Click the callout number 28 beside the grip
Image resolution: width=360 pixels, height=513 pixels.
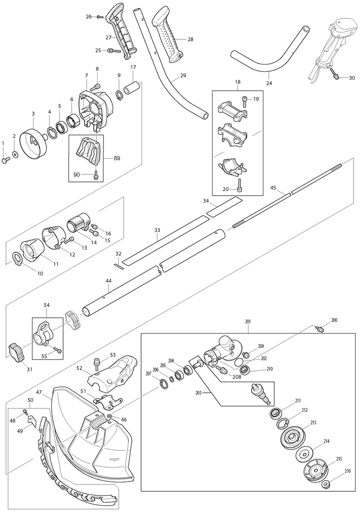190,39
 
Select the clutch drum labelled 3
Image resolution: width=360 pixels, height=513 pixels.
34,142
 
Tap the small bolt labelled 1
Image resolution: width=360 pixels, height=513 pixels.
6,160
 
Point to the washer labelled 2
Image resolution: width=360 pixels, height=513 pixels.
15,154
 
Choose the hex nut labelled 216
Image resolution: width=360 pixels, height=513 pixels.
326,484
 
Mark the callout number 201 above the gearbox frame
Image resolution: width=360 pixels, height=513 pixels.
248,322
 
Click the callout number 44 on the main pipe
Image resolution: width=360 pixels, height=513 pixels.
108,281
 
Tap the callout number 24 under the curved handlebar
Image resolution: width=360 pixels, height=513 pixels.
269,83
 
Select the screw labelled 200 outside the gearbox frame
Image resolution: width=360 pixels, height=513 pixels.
319,328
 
